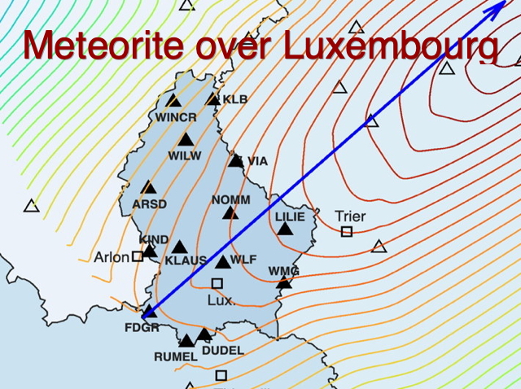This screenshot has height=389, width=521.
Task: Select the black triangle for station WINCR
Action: point(173,101)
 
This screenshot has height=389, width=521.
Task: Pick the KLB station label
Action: point(235,99)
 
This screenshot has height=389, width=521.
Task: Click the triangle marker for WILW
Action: point(186,140)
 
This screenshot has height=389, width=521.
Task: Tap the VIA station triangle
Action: point(236,160)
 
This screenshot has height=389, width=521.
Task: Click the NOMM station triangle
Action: point(230,213)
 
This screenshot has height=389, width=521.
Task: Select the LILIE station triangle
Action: point(285,229)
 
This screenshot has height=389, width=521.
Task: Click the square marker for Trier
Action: point(347,232)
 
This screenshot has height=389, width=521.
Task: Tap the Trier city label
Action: point(350,216)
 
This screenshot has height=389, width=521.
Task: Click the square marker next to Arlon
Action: point(138,256)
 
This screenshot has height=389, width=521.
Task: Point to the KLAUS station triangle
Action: point(179,247)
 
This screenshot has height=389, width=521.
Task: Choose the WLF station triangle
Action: point(223,262)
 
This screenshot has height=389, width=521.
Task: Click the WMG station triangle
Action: point(284,282)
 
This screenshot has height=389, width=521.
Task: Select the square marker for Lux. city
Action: point(217,283)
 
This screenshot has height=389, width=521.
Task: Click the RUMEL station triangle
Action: point(186,340)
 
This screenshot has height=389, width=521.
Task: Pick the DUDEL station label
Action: point(222,350)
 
